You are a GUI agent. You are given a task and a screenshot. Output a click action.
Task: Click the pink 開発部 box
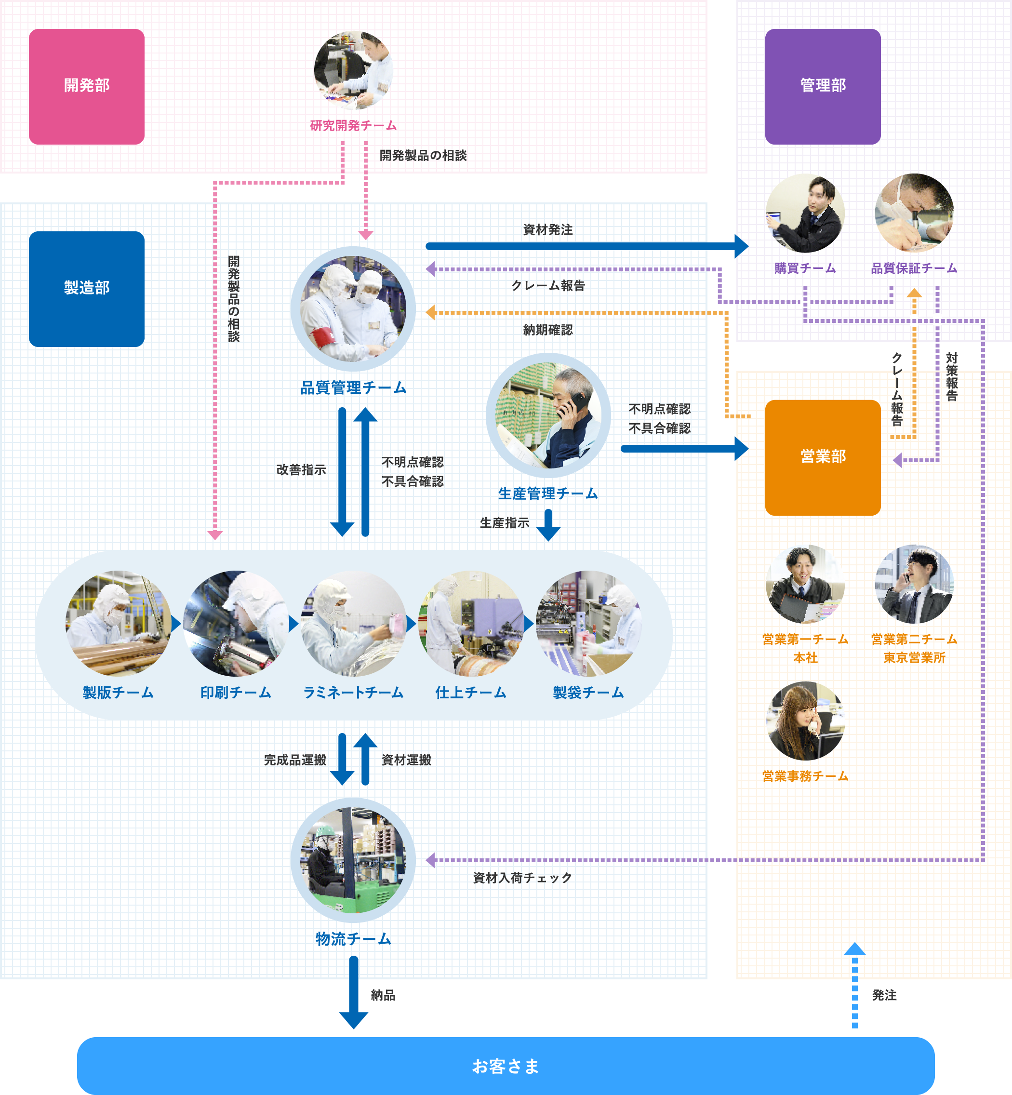87,87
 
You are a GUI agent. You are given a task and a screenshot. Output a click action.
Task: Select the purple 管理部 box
823,87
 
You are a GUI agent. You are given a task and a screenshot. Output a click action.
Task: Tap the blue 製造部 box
87,289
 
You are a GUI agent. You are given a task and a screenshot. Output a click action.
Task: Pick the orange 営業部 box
823,457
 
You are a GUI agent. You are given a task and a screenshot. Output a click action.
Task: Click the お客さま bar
506,1066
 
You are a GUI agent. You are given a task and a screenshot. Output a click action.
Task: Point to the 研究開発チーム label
353,125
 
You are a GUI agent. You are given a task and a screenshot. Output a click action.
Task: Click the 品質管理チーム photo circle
353,308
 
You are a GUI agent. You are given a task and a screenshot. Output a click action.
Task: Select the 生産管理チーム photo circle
548,415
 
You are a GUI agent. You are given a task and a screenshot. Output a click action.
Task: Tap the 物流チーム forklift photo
353,860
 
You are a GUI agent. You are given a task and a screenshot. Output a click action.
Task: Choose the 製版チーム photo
118,623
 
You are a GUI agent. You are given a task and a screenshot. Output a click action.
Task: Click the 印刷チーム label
236,693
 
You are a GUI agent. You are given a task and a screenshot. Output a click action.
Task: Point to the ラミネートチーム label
353,693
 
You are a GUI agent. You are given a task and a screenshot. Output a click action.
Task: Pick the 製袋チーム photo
588,623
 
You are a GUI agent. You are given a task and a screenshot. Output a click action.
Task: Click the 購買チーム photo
805,213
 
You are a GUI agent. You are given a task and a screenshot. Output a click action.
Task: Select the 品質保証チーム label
914,268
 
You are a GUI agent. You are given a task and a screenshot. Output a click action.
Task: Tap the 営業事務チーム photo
805,721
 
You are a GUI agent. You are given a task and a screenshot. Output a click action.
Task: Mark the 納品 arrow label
383,995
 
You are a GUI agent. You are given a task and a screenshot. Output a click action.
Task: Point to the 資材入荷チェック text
522,878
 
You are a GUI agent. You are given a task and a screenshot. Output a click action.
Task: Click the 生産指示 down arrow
548,525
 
